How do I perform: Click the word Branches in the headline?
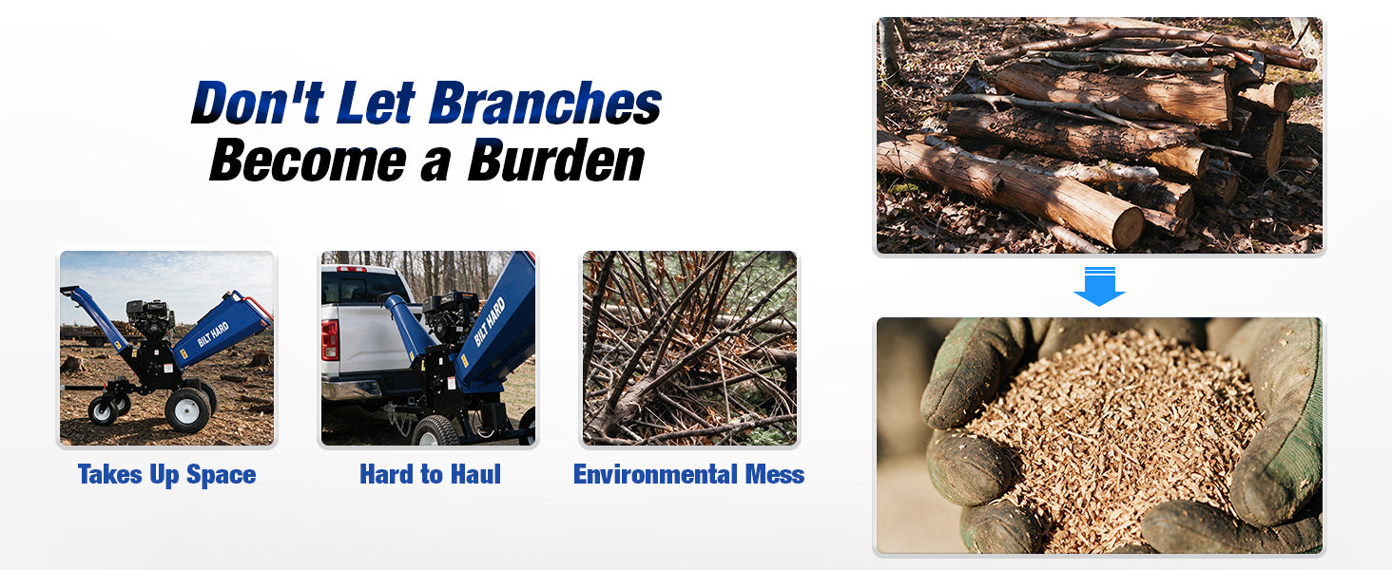tap(545, 103)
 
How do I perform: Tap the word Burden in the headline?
tap(556, 161)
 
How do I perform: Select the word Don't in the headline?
tap(258, 103)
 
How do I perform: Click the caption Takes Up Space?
tap(166, 474)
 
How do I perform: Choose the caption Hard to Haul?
tap(430, 474)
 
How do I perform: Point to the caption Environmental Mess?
tap(688, 474)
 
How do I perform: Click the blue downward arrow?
tap(1099, 286)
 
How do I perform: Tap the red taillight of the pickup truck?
tap(329, 340)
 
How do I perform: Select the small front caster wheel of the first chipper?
tap(103, 410)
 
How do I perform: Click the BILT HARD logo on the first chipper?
tap(213, 334)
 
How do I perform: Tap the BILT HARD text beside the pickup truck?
tap(490, 322)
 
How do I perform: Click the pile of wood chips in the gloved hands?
tap(1112, 428)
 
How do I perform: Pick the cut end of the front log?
tap(1128, 229)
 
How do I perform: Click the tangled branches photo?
tap(689, 348)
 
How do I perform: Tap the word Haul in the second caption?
tap(475, 474)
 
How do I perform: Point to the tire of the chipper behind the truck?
tap(435, 431)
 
